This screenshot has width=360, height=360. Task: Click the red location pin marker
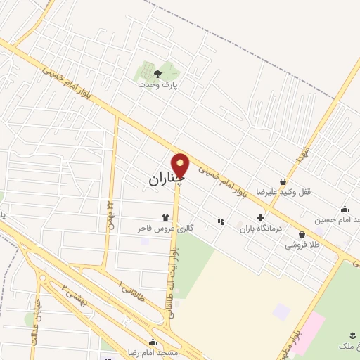181,166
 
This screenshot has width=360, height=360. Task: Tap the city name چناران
166,179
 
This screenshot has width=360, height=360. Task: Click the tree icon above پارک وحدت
157,72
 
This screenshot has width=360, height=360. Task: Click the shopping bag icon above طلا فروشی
302,235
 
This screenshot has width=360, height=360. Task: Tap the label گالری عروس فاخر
165,229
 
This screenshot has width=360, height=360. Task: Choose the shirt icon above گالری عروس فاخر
165,217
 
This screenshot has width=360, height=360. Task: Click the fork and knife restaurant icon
221,221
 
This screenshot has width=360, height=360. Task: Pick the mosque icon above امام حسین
345,209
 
